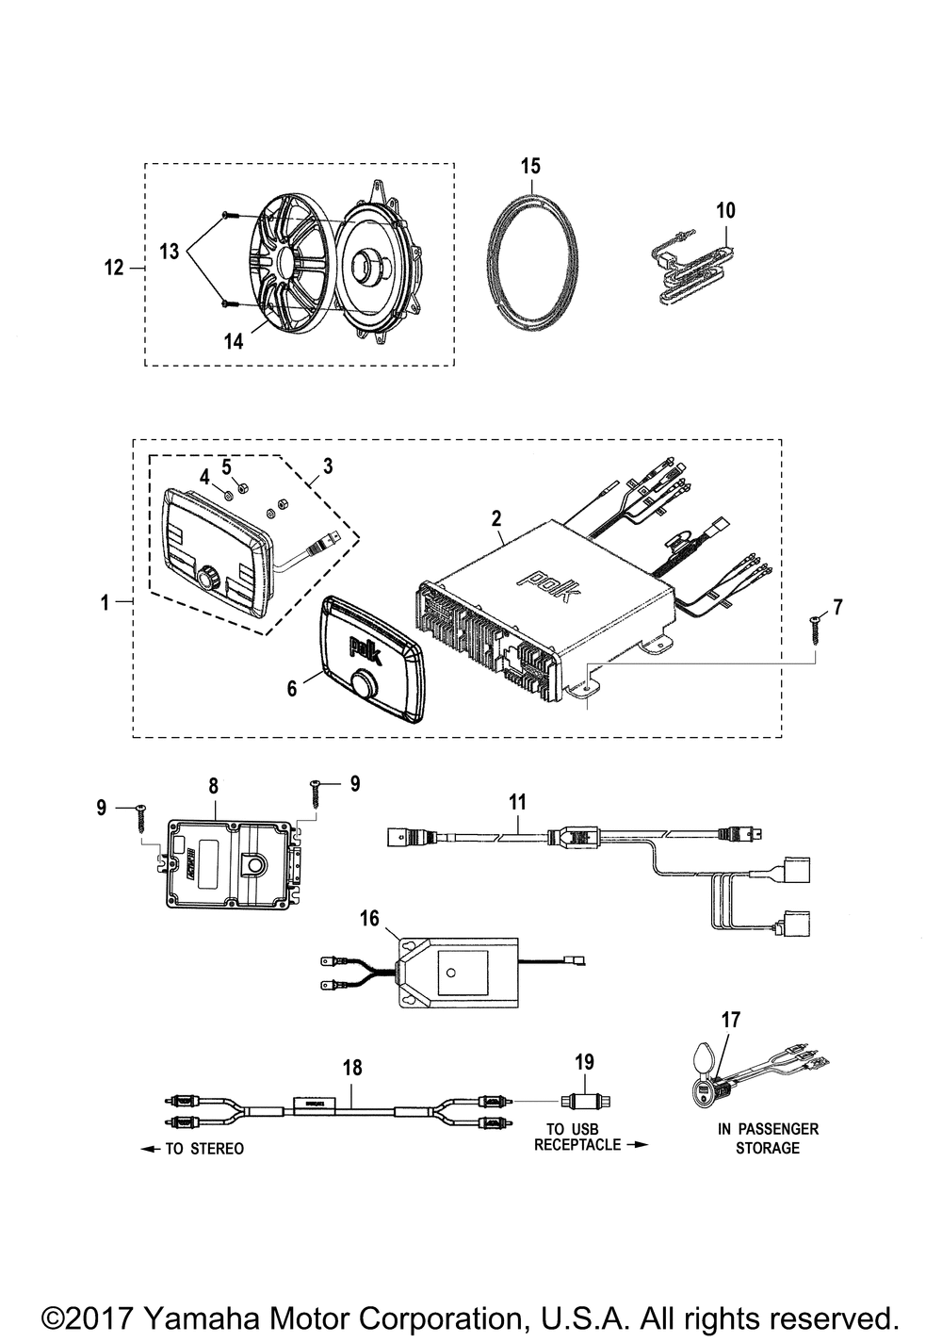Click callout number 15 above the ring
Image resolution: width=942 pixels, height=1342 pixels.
click(x=530, y=166)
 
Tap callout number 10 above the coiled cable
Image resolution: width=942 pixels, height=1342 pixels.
click(x=725, y=211)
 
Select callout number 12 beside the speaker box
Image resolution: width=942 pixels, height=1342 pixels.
click(x=114, y=268)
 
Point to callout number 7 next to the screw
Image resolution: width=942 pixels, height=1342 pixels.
click(x=837, y=607)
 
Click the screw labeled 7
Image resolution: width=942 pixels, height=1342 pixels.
click(x=816, y=630)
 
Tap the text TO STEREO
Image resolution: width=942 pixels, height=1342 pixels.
click(x=204, y=1149)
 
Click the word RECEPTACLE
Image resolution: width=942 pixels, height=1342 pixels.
click(x=577, y=1145)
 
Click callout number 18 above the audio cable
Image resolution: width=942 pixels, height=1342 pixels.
click(x=352, y=1068)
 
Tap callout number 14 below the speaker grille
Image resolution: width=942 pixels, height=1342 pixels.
click(x=233, y=341)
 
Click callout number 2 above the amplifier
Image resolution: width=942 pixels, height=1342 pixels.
click(x=496, y=519)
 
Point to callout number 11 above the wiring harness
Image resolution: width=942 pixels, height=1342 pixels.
click(x=517, y=802)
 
